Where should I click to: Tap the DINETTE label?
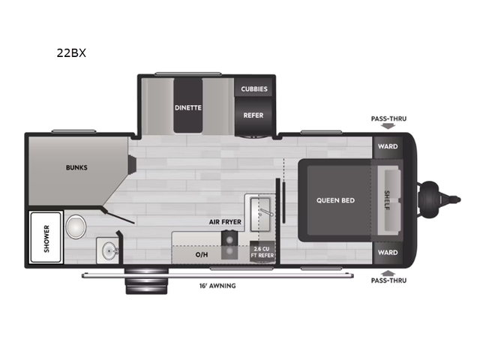(189, 107)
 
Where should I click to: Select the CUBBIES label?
(254, 88)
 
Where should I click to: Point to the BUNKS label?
(76, 167)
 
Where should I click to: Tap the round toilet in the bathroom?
(76, 224)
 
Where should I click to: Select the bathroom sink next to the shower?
(107, 250)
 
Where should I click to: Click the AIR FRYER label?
(225, 223)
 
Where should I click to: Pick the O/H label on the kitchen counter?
(202, 254)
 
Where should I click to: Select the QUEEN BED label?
(335, 200)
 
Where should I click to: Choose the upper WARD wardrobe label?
(387, 146)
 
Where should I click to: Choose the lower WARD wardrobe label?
(387, 253)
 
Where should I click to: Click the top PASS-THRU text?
(388, 118)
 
